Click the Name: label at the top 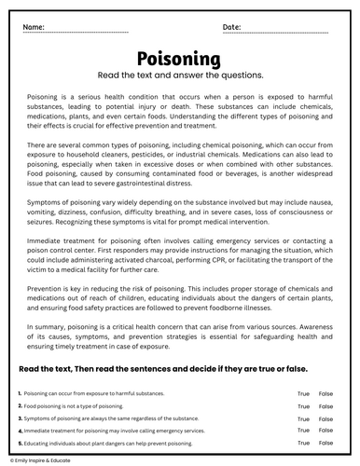point(35,27)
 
